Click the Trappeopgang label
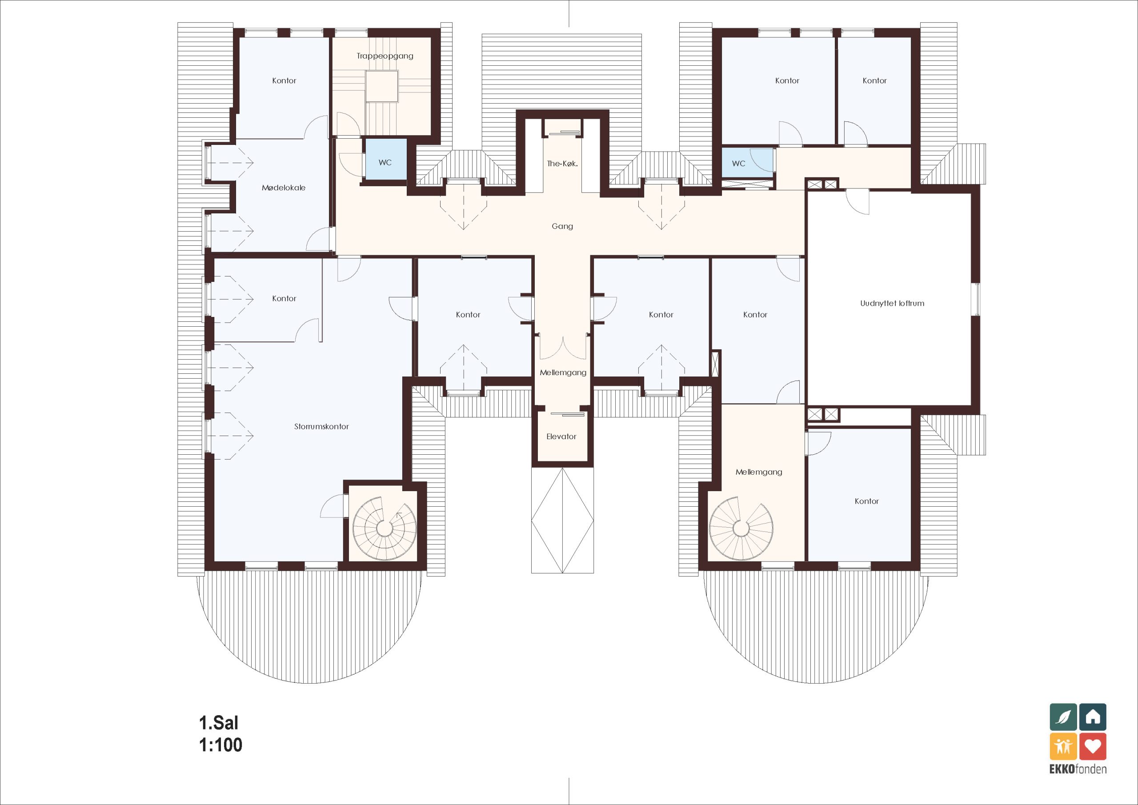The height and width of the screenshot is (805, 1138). (x=385, y=56)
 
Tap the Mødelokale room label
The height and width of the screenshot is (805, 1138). (x=284, y=188)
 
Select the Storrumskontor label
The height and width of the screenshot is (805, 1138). (x=322, y=426)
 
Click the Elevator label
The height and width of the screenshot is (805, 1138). (x=561, y=437)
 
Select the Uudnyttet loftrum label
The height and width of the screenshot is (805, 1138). (x=892, y=303)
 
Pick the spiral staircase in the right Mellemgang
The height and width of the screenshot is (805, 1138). (x=741, y=529)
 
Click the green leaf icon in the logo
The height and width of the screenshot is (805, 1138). (x=1064, y=717)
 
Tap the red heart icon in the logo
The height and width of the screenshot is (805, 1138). (x=1093, y=746)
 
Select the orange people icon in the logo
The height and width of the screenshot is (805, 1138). (x=1064, y=746)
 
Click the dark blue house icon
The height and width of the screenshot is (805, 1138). (x=1093, y=717)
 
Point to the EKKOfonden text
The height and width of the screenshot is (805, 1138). (x=1078, y=769)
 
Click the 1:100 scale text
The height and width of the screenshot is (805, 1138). (x=220, y=745)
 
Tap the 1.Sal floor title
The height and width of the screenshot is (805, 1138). (x=219, y=723)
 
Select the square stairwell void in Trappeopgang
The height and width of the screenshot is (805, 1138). (x=382, y=86)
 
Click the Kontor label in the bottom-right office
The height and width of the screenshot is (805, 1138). (x=867, y=501)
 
